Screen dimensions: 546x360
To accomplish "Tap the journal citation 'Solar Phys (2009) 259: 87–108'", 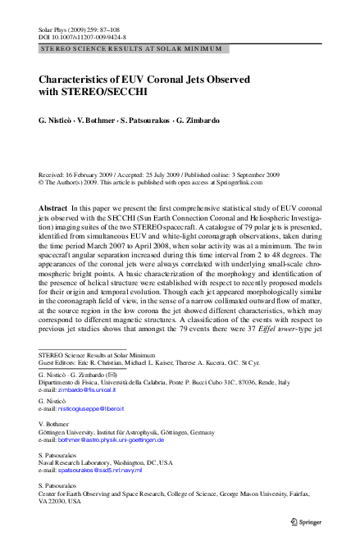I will pos(80,29).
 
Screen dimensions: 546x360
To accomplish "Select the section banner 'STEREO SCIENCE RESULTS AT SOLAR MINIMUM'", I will pos(130,49).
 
